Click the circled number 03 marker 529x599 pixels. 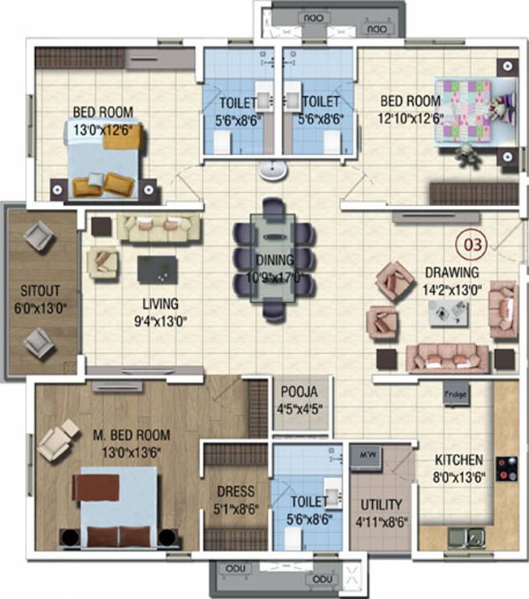pyautogui.click(x=474, y=244)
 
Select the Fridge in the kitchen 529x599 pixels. pyautogui.click(x=456, y=395)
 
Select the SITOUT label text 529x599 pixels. pyautogui.click(x=41, y=293)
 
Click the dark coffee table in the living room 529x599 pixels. pyautogui.click(x=157, y=270)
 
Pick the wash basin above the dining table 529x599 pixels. pyautogui.click(x=272, y=168)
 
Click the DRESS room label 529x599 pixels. pyautogui.click(x=236, y=491)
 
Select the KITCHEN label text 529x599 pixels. pyautogui.click(x=460, y=460)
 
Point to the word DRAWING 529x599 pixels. pyautogui.click(x=452, y=272)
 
